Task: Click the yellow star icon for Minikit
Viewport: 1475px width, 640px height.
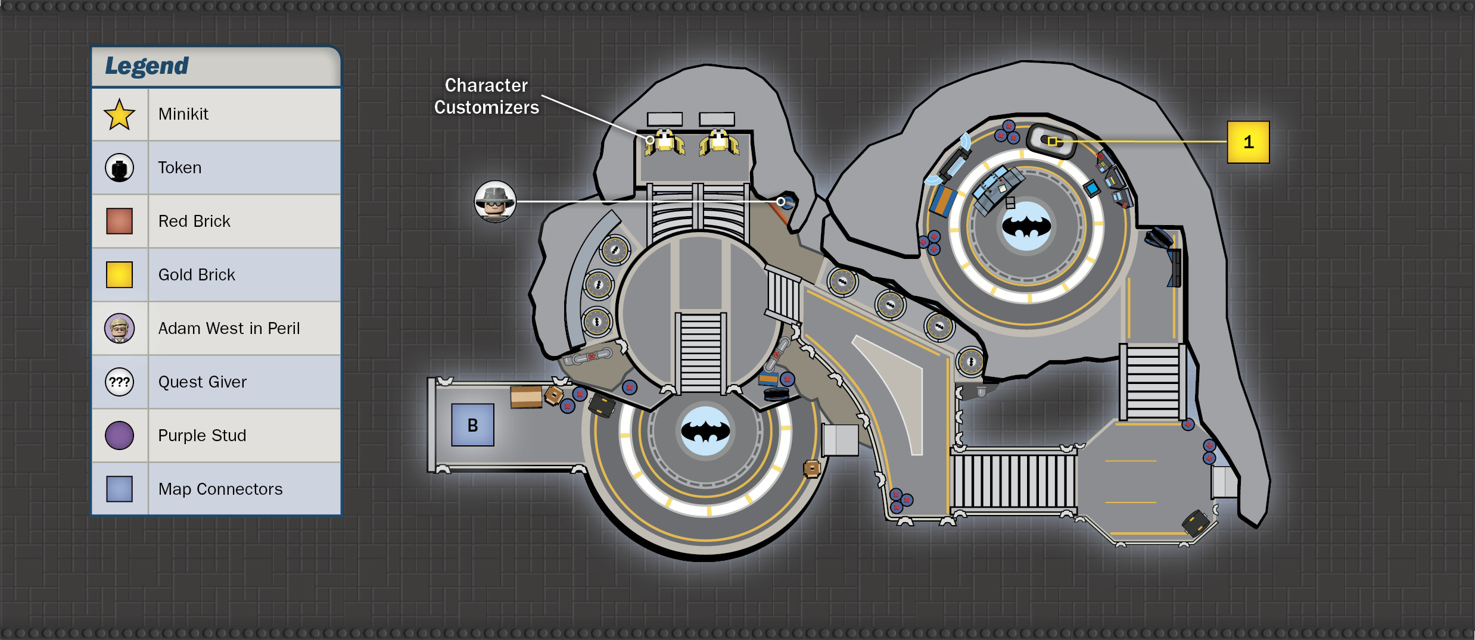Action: click(x=119, y=114)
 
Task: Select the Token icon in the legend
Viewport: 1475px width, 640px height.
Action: click(x=119, y=168)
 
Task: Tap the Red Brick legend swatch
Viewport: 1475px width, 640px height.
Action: click(x=119, y=221)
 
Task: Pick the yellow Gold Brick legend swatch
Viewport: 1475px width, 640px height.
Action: click(x=119, y=274)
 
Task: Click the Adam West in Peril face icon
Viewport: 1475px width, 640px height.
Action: click(x=119, y=328)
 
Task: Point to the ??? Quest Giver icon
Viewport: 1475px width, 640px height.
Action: click(x=119, y=382)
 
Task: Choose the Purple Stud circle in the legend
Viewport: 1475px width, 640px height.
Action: click(x=119, y=435)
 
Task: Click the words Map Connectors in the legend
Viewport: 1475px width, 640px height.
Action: click(x=220, y=489)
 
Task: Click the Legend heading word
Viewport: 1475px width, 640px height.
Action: click(x=147, y=66)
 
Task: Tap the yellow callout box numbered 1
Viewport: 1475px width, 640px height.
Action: click(x=1248, y=142)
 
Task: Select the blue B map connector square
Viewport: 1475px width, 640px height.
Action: click(x=472, y=425)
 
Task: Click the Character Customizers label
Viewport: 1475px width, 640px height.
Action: click(x=486, y=96)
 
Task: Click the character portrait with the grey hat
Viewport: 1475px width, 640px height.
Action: click(x=495, y=201)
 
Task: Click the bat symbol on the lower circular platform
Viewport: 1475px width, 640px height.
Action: click(x=705, y=430)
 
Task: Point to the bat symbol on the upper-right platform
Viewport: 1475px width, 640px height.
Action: click(x=1026, y=226)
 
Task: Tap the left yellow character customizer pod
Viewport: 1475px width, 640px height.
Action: click(x=664, y=143)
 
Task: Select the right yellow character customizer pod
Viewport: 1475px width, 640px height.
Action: click(x=719, y=143)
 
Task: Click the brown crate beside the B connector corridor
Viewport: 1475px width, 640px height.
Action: click(x=526, y=397)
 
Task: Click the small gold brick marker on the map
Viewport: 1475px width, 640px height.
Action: click(x=1053, y=141)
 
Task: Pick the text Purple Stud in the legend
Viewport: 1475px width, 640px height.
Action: click(x=202, y=435)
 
